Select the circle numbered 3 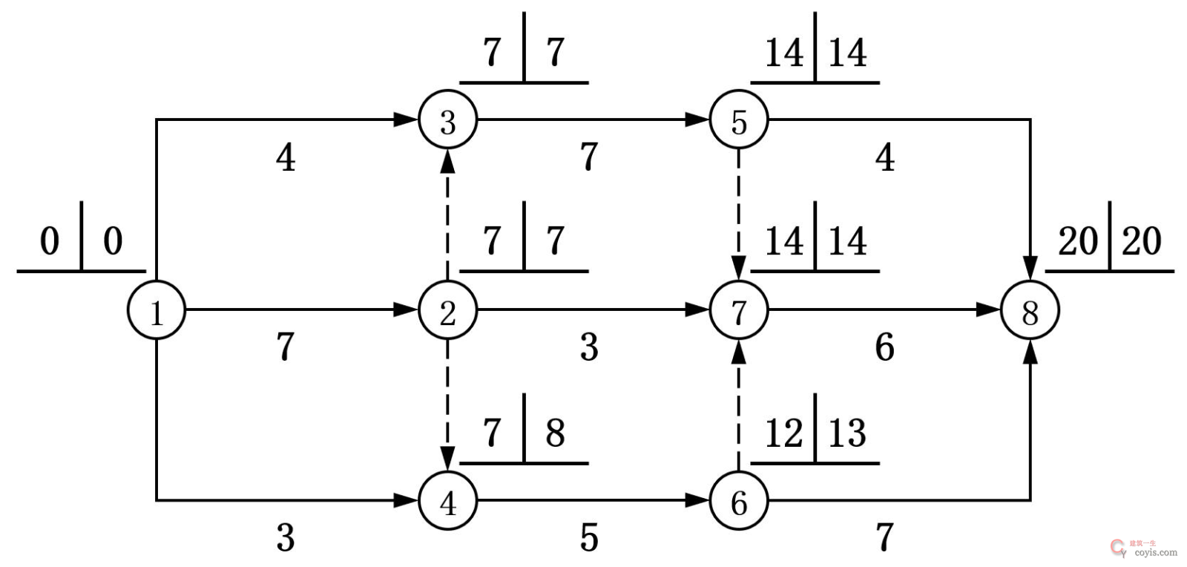447,120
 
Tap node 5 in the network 739,120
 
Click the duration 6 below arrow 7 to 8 884,347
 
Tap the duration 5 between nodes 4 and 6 588,537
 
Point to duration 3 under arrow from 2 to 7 588,347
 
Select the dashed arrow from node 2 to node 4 447,401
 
